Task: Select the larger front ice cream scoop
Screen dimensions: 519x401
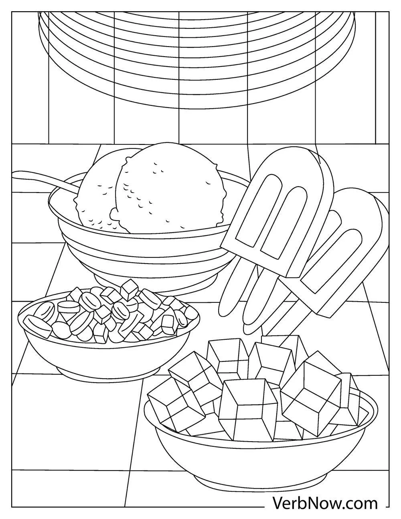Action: (x=168, y=189)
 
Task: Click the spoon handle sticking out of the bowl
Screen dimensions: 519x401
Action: (x=36, y=176)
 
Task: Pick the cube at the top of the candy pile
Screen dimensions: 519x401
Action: (x=130, y=288)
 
